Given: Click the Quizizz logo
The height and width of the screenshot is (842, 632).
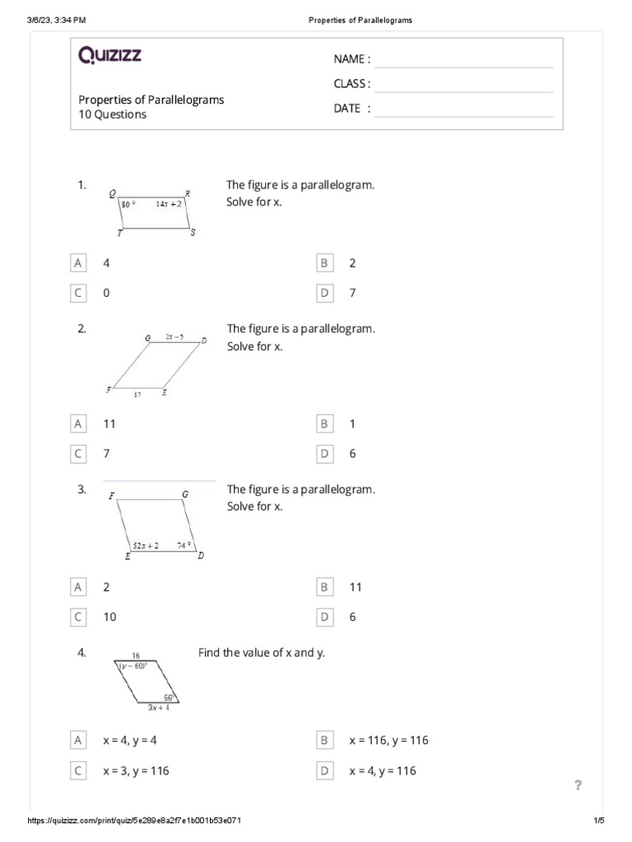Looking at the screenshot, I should click(109, 55).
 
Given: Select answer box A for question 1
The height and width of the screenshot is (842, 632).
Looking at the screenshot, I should click(78, 263).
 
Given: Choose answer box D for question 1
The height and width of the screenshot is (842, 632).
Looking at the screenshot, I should click(324, 293).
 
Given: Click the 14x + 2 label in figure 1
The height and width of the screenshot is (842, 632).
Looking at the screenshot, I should click(168, 203).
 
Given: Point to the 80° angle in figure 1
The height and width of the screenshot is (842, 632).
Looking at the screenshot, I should click(128, 203).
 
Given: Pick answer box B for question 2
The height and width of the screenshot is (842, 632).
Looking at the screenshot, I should click(324, 423).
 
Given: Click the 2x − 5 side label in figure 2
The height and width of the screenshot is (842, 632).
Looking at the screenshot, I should click(174, 336).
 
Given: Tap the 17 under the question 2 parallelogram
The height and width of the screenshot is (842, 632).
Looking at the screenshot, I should click(137, 395).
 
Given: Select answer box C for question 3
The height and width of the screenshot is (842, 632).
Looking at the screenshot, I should click(78, 617).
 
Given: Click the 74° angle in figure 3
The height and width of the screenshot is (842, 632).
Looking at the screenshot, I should click(184, 544).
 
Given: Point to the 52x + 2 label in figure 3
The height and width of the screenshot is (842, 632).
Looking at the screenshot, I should click(146, 544).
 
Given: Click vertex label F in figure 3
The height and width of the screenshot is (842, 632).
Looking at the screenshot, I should click(111, 496).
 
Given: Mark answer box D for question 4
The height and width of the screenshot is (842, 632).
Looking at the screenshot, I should click(324, 770).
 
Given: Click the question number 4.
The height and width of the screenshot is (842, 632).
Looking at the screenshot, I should click(82, 653).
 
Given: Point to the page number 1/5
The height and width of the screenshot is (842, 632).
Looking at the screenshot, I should click(598, 821).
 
